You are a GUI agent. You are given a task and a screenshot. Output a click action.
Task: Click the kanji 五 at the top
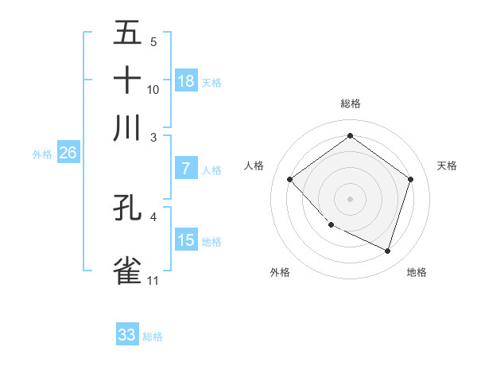click(x=127, y=33)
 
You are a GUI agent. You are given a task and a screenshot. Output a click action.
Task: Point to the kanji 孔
click(x=127, y=208)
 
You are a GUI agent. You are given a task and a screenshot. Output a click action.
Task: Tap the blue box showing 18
click(x=186, y=81)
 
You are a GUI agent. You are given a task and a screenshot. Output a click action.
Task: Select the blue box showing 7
click(x=186, y=169)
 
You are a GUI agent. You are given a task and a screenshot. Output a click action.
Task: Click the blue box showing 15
click(x=186, y=240)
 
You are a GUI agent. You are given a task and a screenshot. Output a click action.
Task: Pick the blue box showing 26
click(x=68, y=154)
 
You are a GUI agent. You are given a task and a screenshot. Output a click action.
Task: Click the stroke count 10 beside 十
click(x=153, y=89)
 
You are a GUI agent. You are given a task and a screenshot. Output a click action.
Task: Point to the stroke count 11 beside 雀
click(x=153, y=281)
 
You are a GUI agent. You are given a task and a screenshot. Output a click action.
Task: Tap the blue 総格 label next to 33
click(x=153, y=337)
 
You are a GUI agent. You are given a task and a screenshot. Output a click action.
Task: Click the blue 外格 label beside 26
click(x=41, y=154)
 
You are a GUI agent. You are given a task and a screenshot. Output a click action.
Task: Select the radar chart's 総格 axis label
click(x=350, y=103)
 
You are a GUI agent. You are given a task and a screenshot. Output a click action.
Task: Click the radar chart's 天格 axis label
click(x=447, y=166)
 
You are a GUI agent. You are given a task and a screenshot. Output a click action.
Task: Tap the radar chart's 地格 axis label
click(x=417, y=272)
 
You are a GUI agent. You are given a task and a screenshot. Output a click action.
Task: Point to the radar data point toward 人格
click(x=290, y=180)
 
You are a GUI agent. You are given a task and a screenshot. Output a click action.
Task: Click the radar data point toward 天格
click(x=410, y=179)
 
